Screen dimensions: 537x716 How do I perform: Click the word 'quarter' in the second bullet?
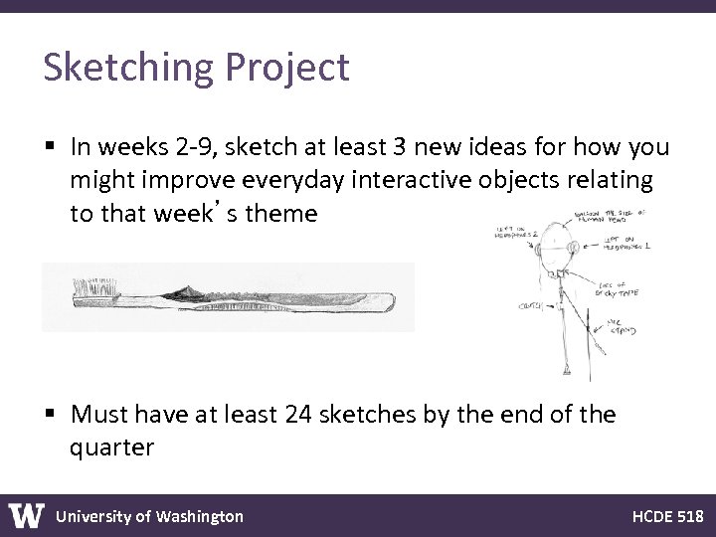click(111, 447)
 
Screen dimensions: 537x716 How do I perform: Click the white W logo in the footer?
click(27, 516)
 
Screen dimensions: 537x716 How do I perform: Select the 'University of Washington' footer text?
click(149, 516)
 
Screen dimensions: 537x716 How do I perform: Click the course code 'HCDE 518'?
click(667, 516)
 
